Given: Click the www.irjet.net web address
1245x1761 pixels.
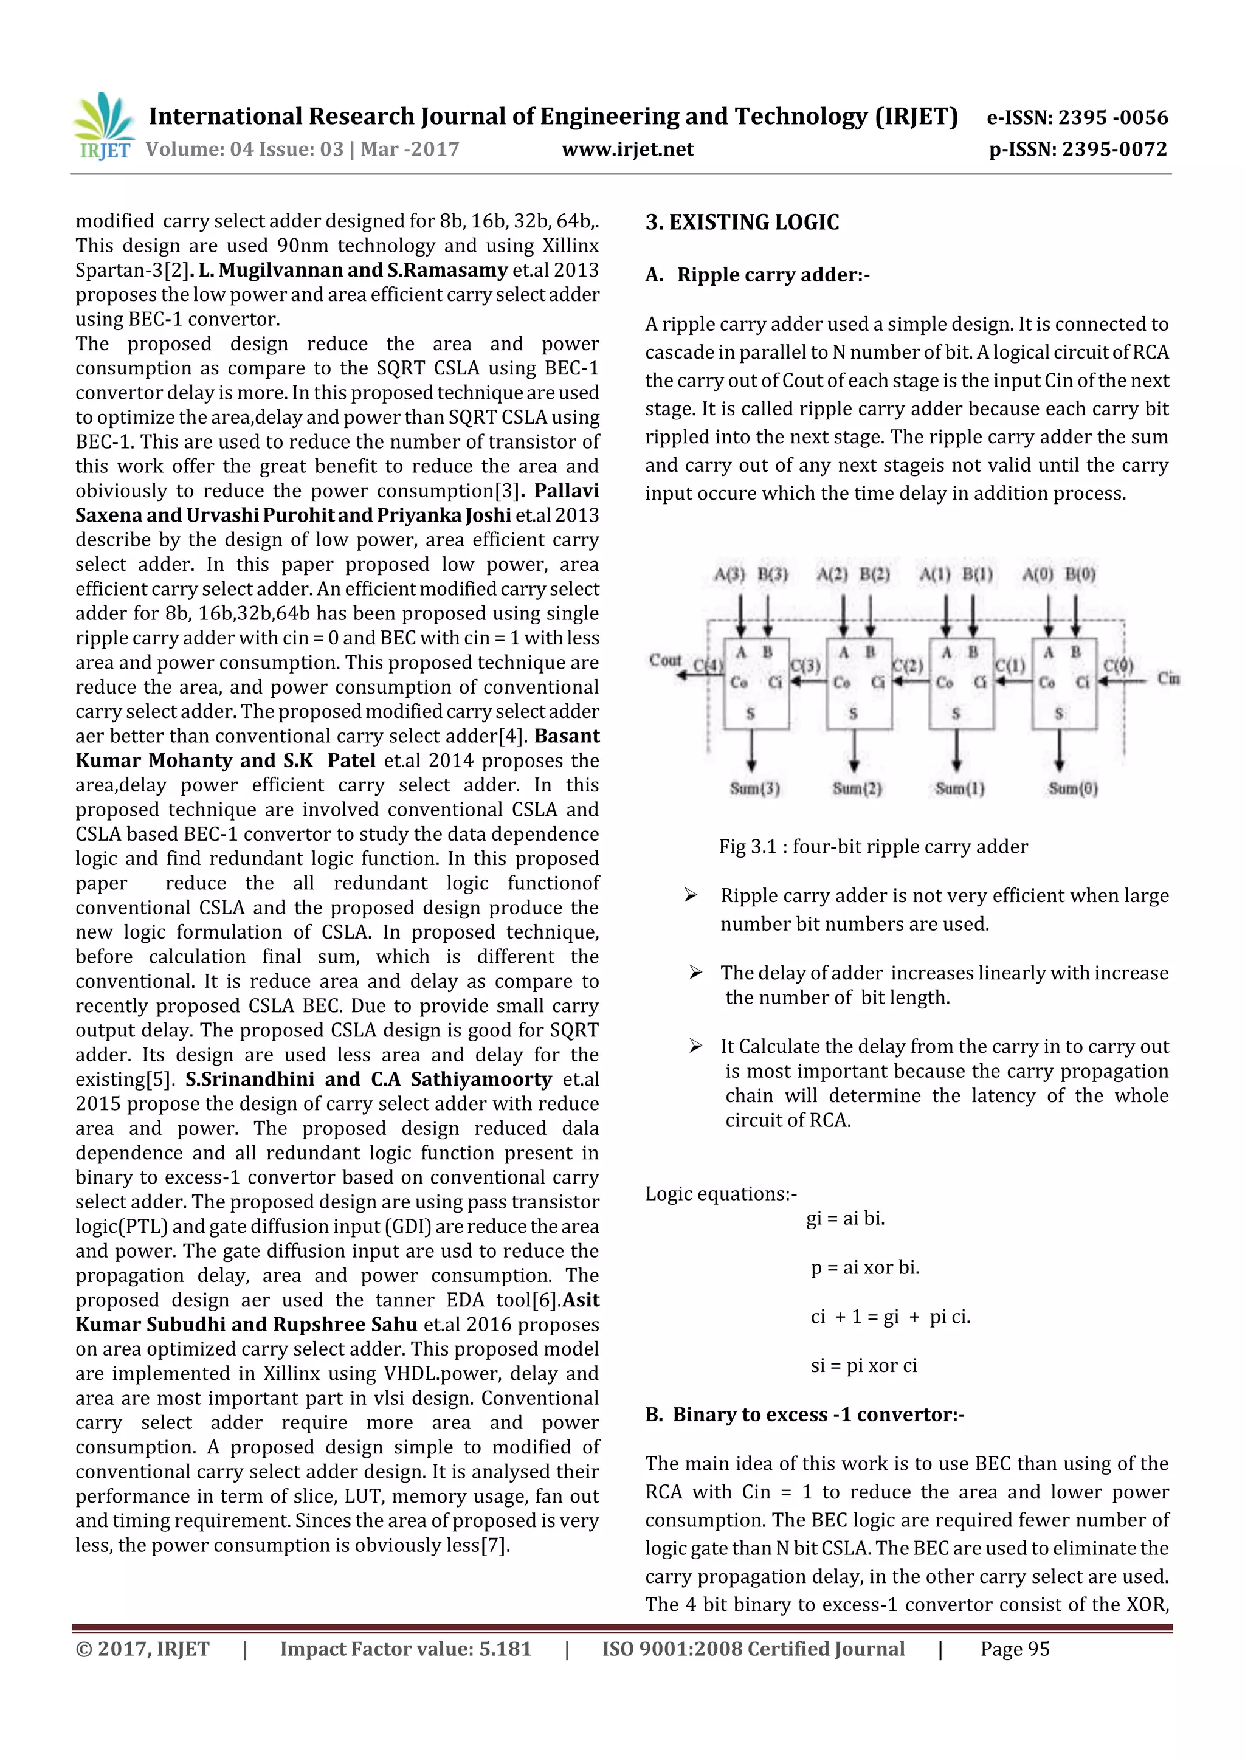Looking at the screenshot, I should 627,150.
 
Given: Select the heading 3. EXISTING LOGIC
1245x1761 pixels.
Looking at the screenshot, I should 742,222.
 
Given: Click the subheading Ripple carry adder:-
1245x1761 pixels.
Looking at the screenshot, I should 773,275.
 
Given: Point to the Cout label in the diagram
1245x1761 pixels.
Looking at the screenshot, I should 664,660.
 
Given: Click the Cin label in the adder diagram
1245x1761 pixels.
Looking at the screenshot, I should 1168,678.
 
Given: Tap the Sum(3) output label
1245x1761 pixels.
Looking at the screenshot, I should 755,788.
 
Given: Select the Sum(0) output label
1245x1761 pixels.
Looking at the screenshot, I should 1072,788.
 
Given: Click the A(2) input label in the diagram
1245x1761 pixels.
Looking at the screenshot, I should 832,574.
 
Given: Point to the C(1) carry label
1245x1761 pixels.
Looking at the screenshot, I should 1010,666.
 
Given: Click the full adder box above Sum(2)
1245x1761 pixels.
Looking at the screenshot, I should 858,683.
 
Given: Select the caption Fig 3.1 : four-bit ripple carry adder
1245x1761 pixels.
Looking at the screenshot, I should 872,847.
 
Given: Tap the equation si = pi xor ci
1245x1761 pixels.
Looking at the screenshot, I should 863,1365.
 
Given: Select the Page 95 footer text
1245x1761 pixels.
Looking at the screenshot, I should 1014,1649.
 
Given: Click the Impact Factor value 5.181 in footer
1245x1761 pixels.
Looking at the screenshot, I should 405,1649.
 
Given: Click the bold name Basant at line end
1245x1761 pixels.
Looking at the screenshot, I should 567,736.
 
